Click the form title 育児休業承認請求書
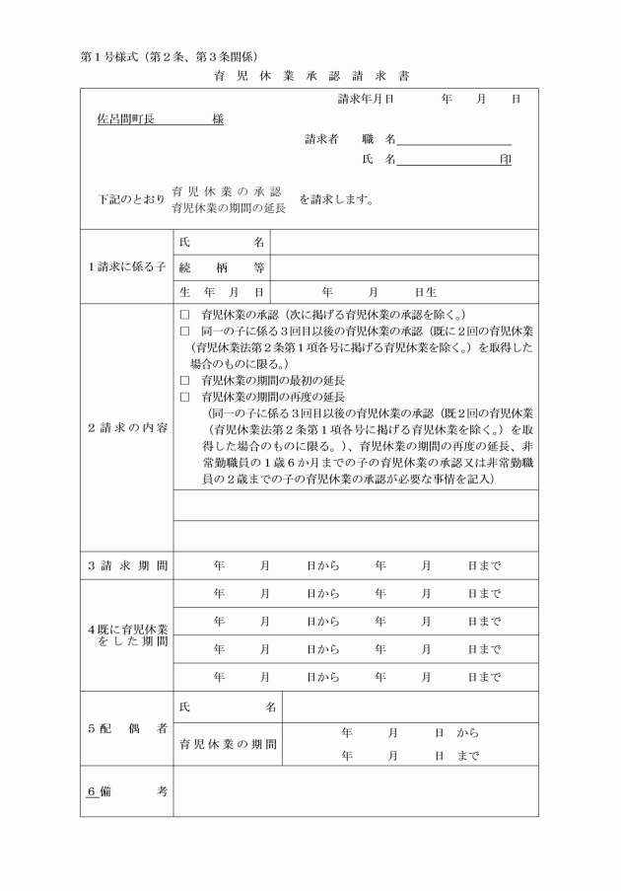(x=310, y=76)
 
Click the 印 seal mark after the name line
(x=505, y=159)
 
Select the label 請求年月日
(x=366, y=100)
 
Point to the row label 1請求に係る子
(x=125, y=266)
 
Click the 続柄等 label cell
(x=222, y=266)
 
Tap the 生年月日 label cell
(x=222, y=292)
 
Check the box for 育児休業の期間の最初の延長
(x=184, y=380)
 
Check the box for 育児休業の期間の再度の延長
(x=184, y=397)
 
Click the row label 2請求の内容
(x=125, y=428)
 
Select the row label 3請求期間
(x=125, y=566)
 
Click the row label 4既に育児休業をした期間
(x=125, y=635)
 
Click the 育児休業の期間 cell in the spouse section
(x=228, y=745)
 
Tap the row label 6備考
(x=125, y=792)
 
